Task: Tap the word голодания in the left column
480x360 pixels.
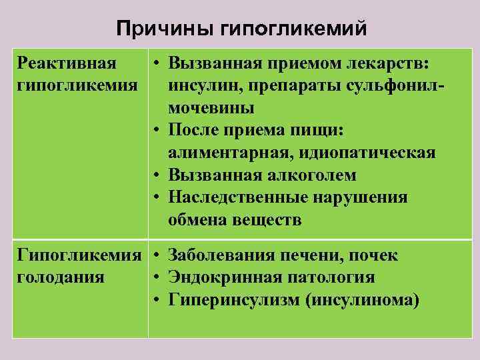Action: point(61,277)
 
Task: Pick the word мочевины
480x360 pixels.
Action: point(211,107)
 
